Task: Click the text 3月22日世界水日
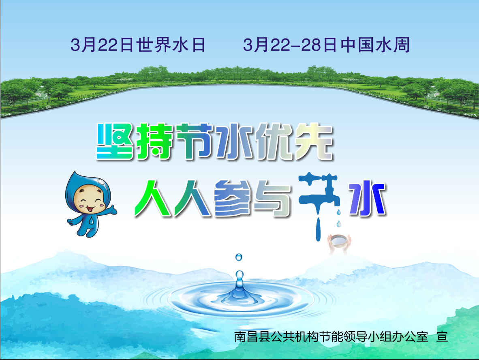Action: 138,45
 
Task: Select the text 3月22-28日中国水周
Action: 326,45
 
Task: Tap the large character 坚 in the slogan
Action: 115,141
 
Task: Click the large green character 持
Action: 154,141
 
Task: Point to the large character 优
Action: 274,141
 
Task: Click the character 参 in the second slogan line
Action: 233,198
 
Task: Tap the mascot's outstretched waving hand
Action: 111,210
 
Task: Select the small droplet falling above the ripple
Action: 239,257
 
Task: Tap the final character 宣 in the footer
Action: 442,336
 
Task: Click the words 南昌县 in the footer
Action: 252,336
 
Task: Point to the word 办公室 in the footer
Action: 410,336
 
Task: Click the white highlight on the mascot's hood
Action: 101,182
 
